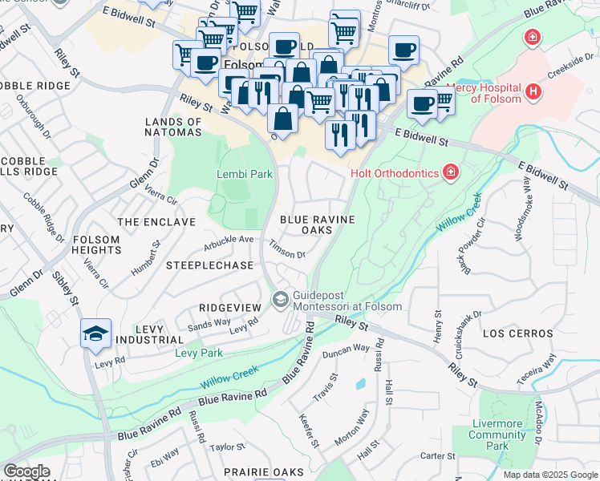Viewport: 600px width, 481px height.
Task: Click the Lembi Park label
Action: tap(245, 174)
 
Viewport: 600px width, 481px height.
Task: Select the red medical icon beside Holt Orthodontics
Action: tap(451, 172)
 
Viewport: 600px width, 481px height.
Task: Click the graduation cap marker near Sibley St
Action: tap(95, 333)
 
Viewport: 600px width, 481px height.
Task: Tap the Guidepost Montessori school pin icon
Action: tap(280, 300)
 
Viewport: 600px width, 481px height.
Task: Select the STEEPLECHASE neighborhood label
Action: tap(209, 265)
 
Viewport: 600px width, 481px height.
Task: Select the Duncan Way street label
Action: tap(345, 350)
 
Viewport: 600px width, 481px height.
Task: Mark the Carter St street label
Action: tap(438, 456)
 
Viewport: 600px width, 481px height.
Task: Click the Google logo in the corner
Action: tap(26, 471)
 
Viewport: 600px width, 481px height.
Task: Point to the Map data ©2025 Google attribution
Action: tap(549, 475)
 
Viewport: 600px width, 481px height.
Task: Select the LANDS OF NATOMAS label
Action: tap(172, 127)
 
